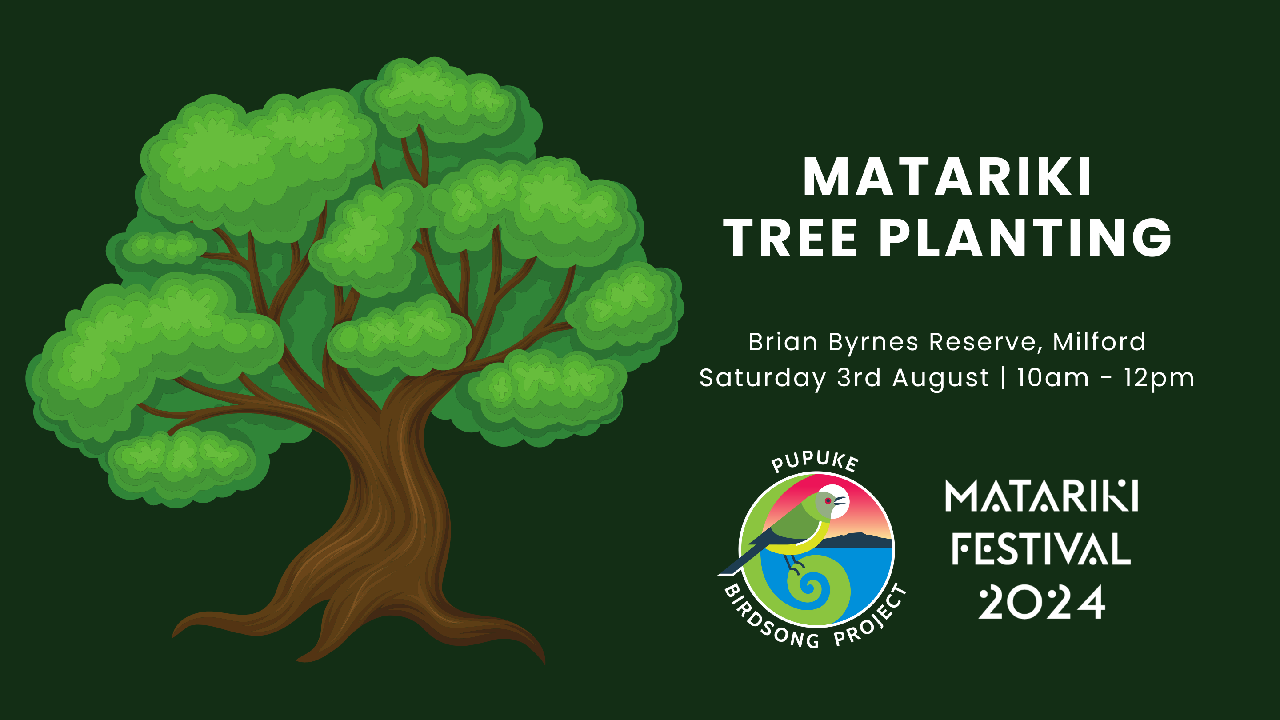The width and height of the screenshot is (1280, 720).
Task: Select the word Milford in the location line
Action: point(1099,342)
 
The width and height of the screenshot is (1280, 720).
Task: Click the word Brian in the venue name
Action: point(783,342)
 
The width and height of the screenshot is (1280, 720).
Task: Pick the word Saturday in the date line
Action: point(763,378)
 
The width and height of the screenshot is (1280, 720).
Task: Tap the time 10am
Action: point(1053,378)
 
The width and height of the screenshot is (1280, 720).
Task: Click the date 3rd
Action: point(859,378)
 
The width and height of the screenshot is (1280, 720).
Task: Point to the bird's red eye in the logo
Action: point(828,501)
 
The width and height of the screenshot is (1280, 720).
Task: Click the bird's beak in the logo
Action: point(840,501)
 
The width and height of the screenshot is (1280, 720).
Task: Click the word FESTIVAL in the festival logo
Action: point(1041,548)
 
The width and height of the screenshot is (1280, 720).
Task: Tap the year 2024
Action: point(1041,602)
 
